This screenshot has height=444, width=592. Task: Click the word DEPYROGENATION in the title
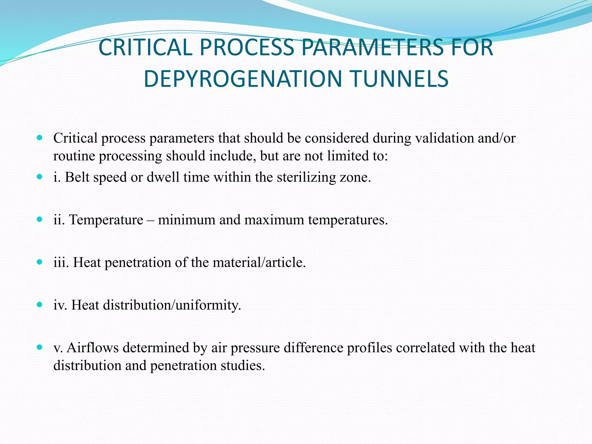coord(243,79)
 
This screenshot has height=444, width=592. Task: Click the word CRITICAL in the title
coord(145,47)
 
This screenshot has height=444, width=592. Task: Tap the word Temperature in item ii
coord(106,220)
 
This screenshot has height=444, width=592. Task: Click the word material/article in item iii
coord(259,262)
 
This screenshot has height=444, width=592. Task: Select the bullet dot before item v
coord(40,347)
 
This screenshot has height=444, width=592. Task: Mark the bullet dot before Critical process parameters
coord(40,138)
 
